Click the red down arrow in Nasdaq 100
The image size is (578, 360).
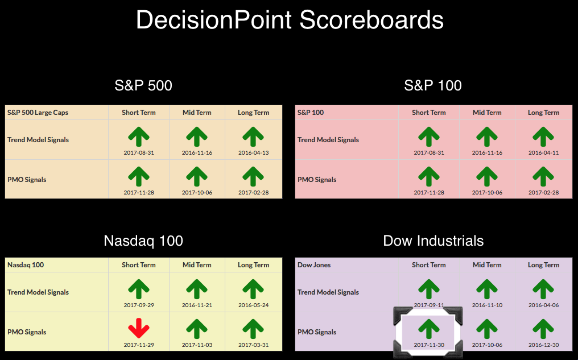139,328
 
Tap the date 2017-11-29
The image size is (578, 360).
139,345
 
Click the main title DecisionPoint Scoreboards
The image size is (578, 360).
290,19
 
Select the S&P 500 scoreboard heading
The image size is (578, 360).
143,85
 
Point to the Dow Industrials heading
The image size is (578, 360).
433,241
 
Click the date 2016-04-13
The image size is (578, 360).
253,152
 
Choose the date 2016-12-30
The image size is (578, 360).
543,345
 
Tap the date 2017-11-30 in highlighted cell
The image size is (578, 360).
429,345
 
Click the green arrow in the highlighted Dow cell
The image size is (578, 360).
429,329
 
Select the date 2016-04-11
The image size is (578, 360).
543,152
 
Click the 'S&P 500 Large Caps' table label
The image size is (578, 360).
38,113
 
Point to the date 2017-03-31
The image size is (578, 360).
253,345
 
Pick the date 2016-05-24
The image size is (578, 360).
253,305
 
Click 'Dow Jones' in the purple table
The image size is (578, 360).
314,265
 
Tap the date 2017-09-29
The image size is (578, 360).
139,305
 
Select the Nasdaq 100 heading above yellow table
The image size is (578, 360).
143,241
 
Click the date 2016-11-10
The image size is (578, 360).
487,305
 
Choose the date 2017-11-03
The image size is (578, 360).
197,345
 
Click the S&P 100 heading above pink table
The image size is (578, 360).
433,85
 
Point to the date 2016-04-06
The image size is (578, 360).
543,305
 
